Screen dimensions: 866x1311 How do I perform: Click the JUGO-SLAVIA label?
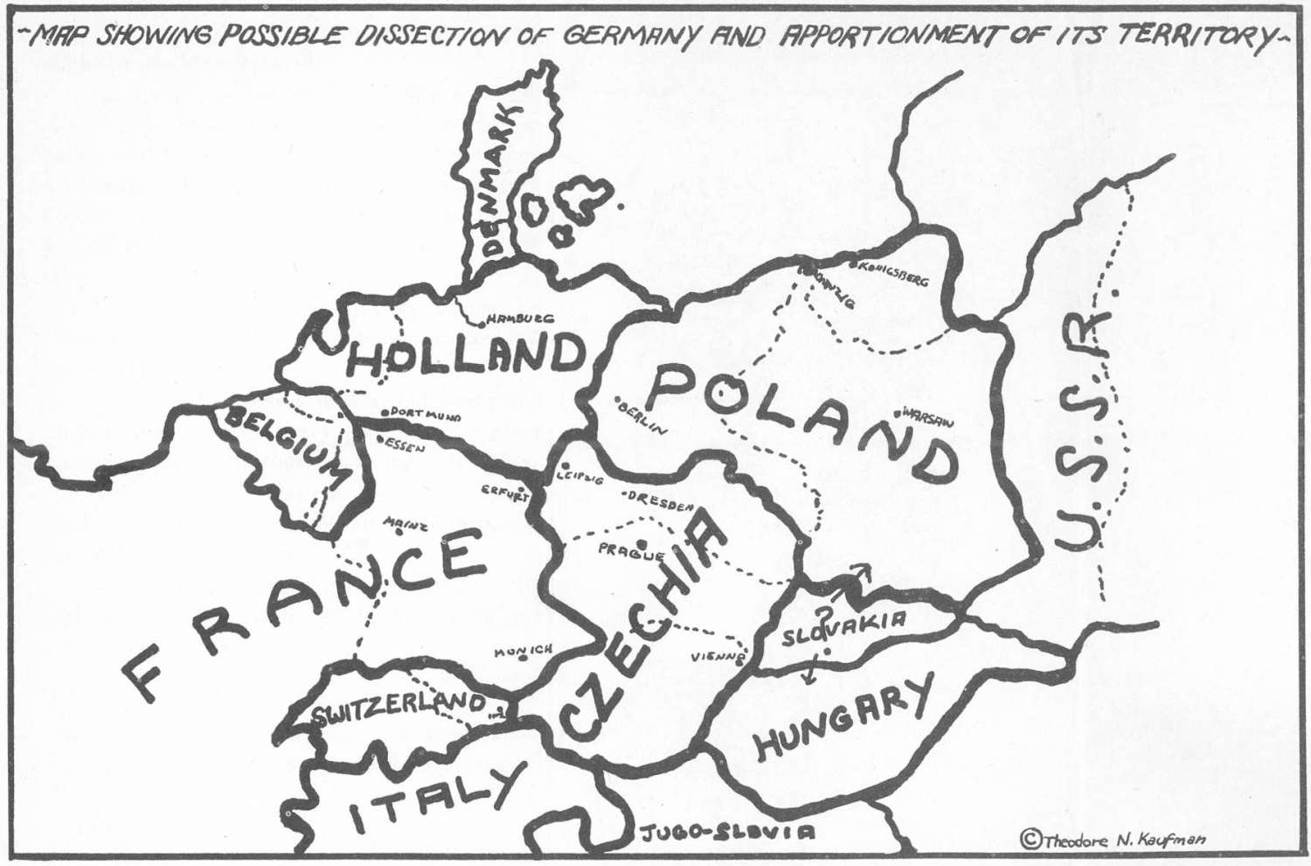click(728, 832)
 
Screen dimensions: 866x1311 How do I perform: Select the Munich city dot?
click(523, 659)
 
